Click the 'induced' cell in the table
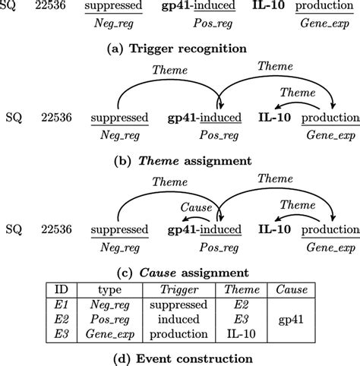tap(189, 320)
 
